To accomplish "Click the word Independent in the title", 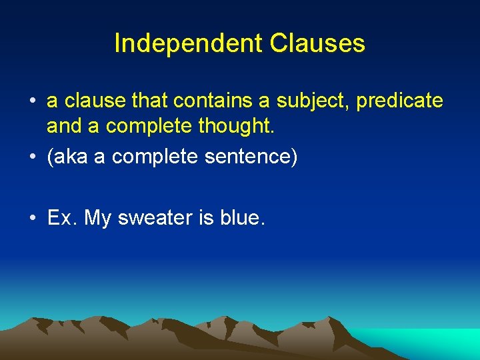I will [189, 43].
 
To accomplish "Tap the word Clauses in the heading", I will [317, 43].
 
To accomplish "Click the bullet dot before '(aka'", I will [32, 158].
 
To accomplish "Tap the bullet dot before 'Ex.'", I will [32, 219].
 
